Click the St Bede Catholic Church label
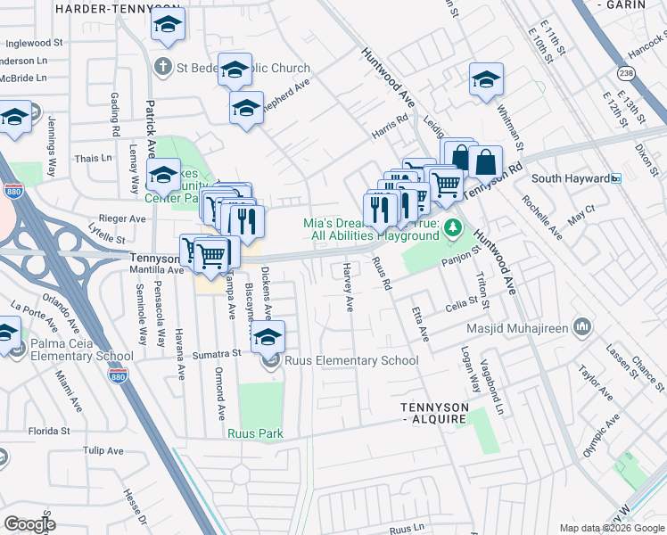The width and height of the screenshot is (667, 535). (x=243, y=68)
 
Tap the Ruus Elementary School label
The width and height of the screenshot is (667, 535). (x=351, y=361)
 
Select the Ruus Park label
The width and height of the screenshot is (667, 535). (x=254, y=434)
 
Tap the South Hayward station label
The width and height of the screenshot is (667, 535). (x=570, y=178)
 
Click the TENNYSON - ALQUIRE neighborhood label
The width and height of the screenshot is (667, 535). (x=433, y=412)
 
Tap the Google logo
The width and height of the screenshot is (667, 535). (x=29, y=524)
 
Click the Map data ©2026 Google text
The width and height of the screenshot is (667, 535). (x=612, y=528)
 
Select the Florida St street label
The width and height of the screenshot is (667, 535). (x=48, y=431)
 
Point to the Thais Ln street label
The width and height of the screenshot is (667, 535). (x=94, y=158)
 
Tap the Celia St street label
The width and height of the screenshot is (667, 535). (x=462, y=307)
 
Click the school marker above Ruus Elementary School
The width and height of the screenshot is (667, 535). (x=267, y=337)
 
